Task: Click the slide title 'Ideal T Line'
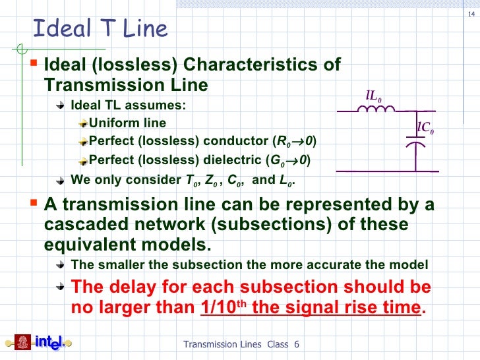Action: point(100,29)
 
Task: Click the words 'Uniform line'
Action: point(127,123)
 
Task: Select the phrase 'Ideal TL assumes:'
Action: point(128,105)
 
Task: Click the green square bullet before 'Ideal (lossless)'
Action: point(35,64)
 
